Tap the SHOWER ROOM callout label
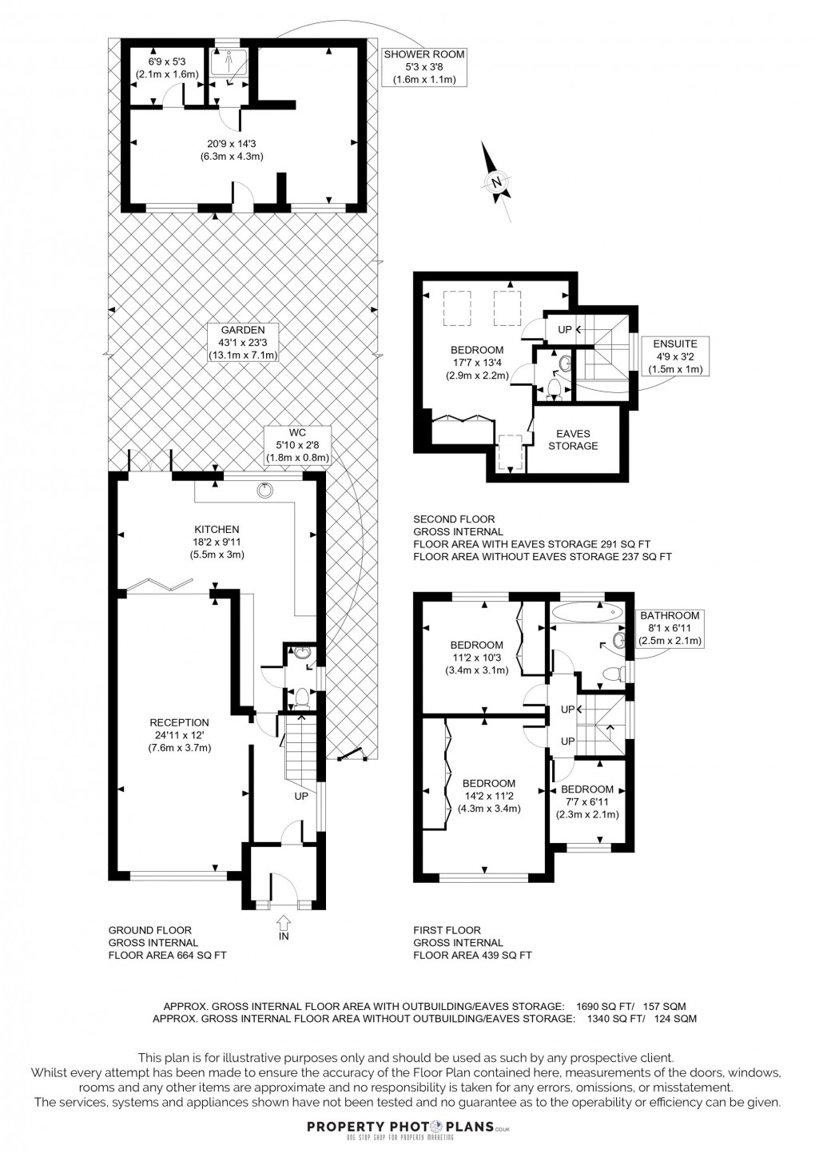pos(423,67)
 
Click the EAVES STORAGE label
pos(573,440)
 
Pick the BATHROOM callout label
pos(669,628)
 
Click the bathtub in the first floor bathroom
pos(586,612)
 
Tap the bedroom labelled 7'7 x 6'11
pos(587,801)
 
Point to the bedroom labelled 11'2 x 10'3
pos(476,658)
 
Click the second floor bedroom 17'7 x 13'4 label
pos(477,363)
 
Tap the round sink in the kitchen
pos(264,490)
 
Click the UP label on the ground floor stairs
pos(301,797)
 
